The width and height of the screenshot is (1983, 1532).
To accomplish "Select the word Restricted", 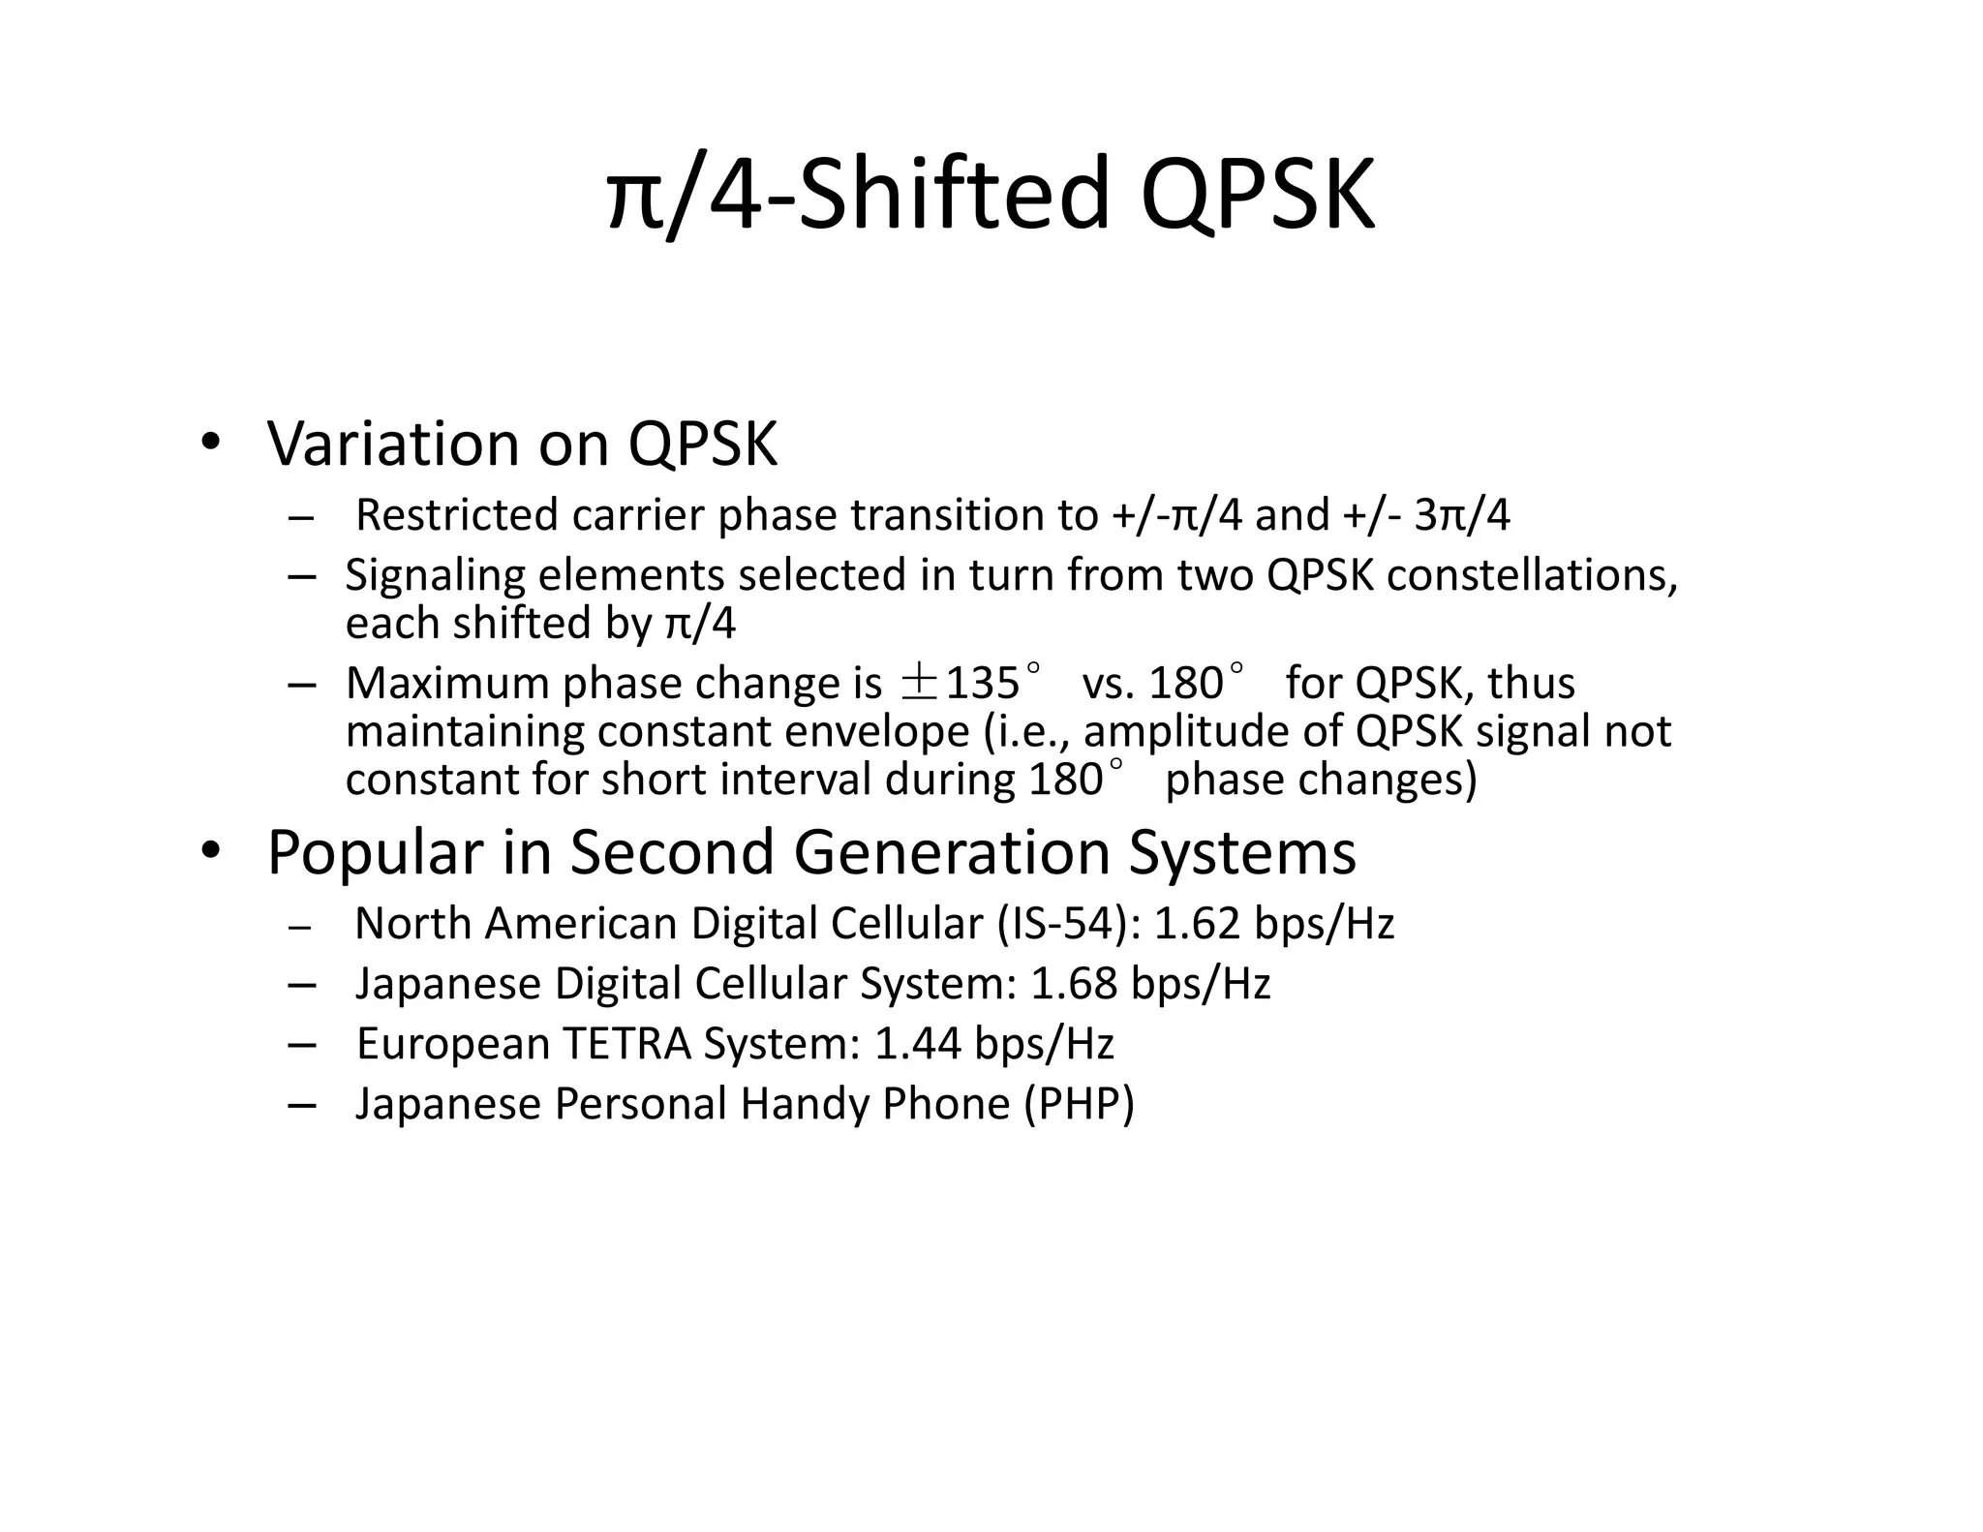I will (x=456, y=515).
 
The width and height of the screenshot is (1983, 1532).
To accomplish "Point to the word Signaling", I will (x=435, y=575).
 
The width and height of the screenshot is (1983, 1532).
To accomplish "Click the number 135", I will (x=982, y=684).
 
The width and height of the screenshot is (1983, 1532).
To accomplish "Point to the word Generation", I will (x=952, y=853).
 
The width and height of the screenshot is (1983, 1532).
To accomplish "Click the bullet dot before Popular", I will (x=210, y=851).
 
